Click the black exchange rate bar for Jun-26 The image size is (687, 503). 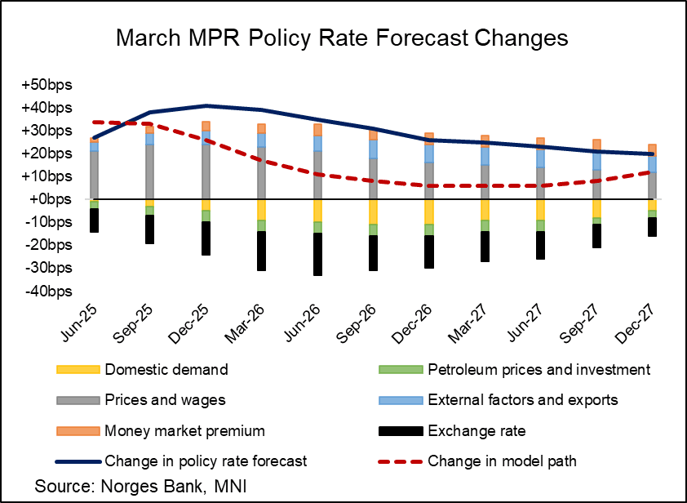[317, 254]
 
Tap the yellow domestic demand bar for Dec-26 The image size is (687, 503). [429, 211]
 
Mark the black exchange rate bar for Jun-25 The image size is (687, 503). [95, 220]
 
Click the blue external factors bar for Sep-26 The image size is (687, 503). [373, 149]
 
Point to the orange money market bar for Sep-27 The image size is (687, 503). [596, 145]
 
